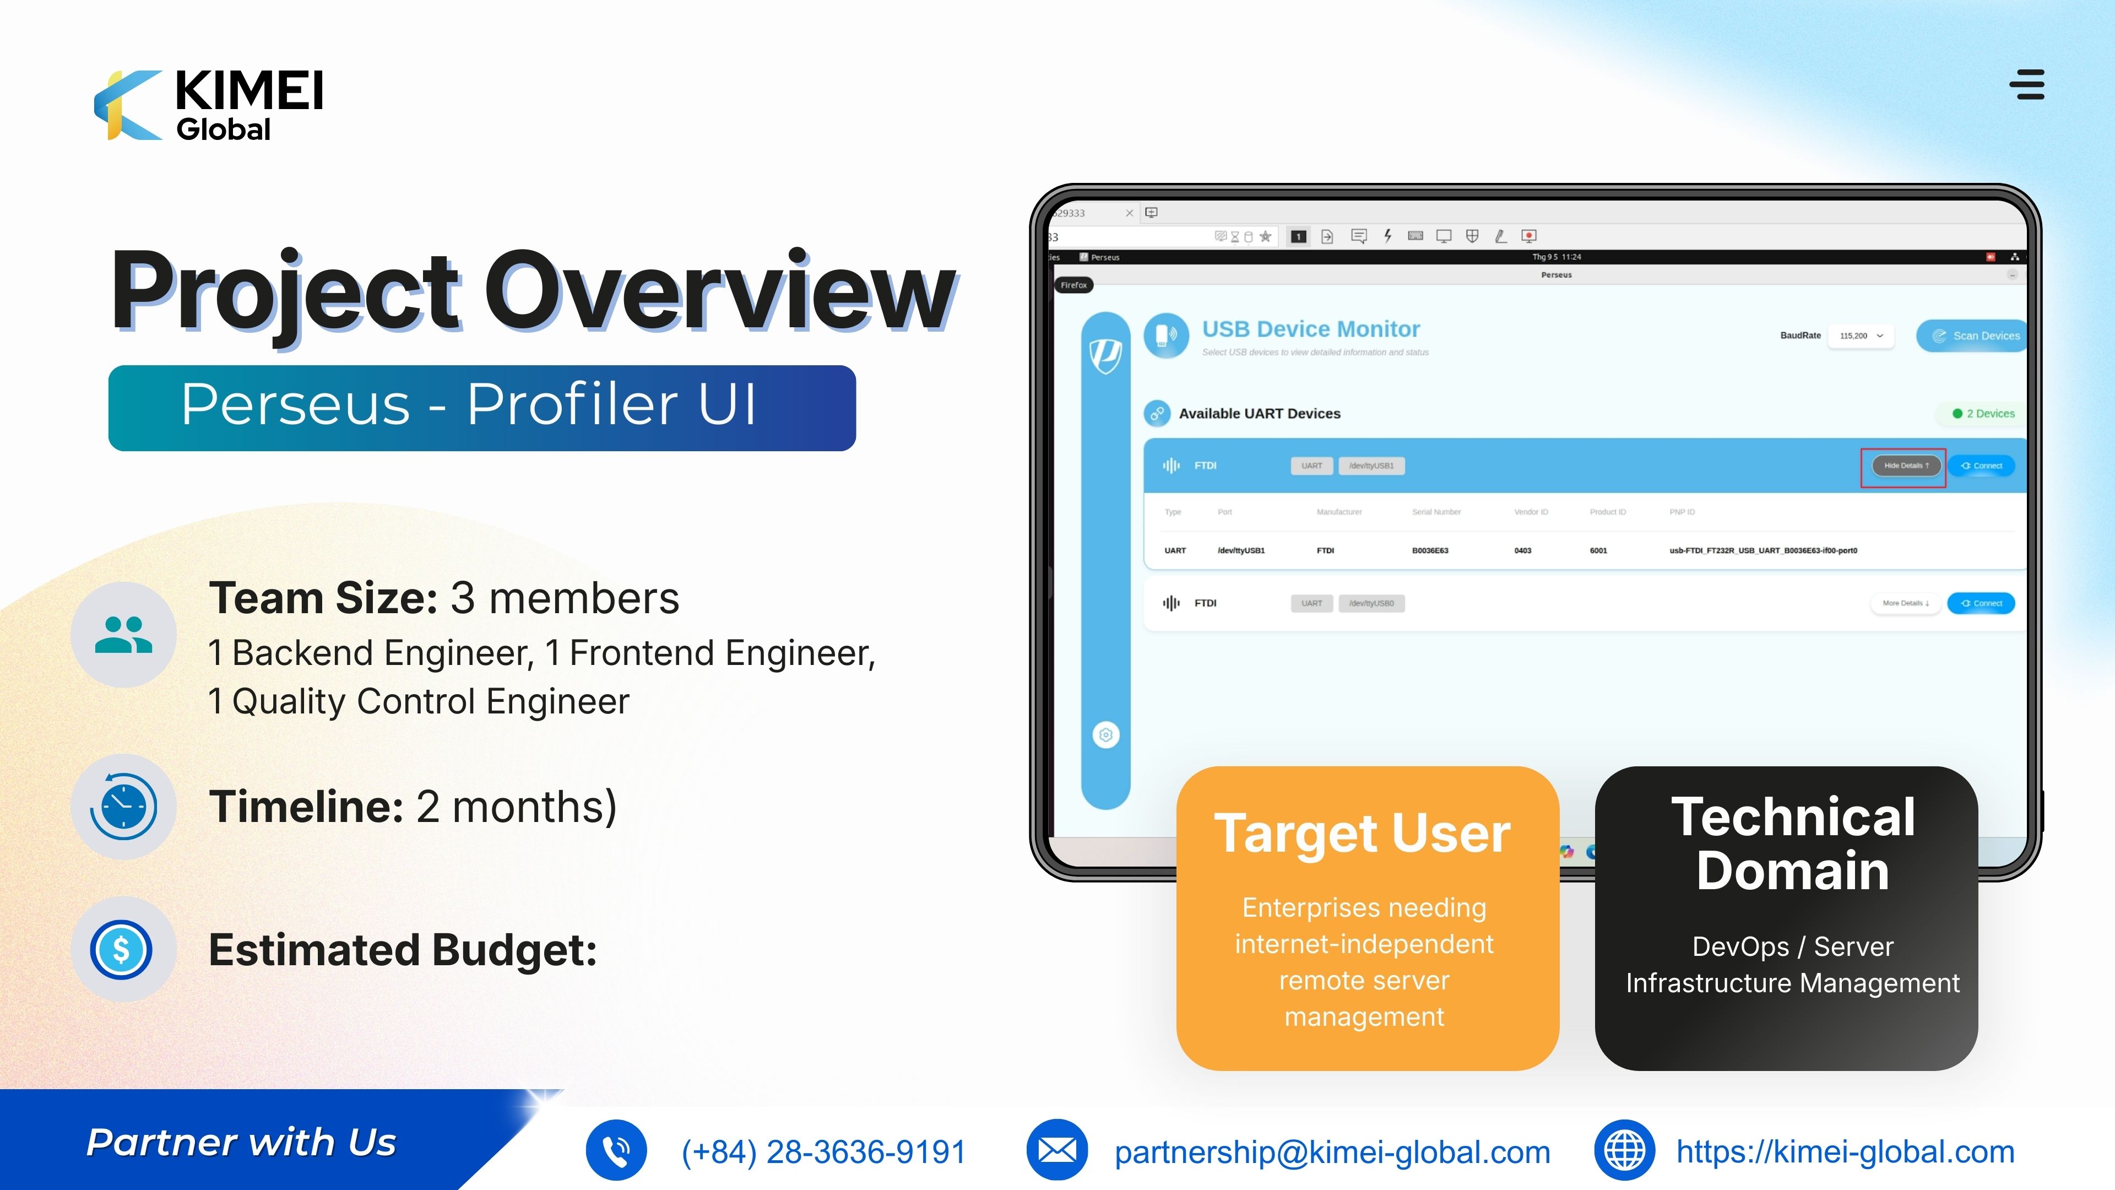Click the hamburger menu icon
click(2030, 85)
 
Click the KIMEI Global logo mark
click(127, 105)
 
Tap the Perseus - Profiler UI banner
click(482, 407)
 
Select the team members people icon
click(123, 635)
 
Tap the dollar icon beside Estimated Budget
click(122, 949)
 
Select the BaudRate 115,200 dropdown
click(1861, 336)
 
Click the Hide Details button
click(1905, 466)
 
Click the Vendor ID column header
click(1531, 512)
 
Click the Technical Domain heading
click(1793, 843)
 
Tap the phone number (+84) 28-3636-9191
click(823, 1152)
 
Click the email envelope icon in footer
click(1057, 1150)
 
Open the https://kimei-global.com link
click(1845, 1152)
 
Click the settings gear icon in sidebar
click(1106, 735)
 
